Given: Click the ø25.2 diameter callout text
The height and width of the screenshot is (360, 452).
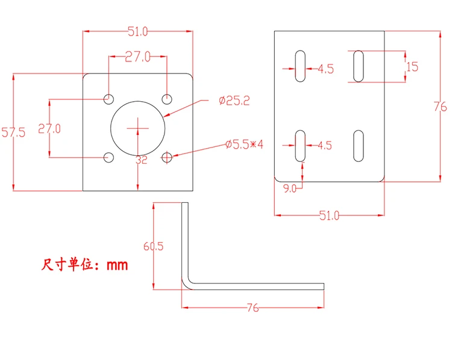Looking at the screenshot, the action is pyautogui.click(x=234, y=101).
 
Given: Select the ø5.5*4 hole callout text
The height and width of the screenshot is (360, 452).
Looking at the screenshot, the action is pyautogui.click(x=244, y=144).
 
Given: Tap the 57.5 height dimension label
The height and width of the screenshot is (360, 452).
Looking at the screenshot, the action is pyautogui.click(x=13, y=132).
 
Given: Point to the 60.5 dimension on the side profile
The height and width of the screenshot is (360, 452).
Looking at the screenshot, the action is pyautogui.click(x=153, y=246).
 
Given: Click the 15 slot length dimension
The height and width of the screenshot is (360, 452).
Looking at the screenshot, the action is pyautogui.click(x=412, y=67).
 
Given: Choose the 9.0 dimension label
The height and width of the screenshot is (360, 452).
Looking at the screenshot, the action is pyautogui.click(x=290, y=188).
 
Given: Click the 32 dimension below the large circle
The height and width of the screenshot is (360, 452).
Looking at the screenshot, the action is pyautogui.click(x=142, y=160).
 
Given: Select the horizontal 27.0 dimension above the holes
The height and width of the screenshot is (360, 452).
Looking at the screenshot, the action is pyautogui.click(x=138, y=57).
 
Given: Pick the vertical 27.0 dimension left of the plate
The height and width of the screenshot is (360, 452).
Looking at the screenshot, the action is pyautogui.click(x=49, y=128).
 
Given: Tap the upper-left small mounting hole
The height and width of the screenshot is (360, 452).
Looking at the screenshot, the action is pyautogui.click(x=108, y=99).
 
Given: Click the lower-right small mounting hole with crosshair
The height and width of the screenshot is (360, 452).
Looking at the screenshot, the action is pyautogui.click(x=166, y=158).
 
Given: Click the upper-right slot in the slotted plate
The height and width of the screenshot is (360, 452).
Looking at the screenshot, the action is pyautogui.click(x=359, y=66).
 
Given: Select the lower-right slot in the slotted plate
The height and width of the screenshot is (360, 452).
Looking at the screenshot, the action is pyautogui.click(x=359, y=146).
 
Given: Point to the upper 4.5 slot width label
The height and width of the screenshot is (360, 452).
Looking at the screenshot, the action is pyautogui.click(x=325, y=69).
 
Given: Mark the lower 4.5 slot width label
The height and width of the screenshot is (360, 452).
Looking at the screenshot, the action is pyautogui.click(x=325, y=146).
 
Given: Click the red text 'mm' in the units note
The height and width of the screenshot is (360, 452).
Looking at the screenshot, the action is pyautogui.click(x=118, y=265).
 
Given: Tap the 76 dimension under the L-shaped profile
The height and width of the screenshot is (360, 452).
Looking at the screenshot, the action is pyautogui.click(x=253, y=308).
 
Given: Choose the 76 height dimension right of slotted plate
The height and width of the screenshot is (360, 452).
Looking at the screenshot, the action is pyautogui.click(x=440, y=107).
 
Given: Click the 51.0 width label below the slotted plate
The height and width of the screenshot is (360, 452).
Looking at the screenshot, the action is pyautogui.click(x=330, y=216).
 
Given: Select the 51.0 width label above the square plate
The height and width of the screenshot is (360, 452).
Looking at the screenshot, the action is pyautogui.click(x=138, y=31).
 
